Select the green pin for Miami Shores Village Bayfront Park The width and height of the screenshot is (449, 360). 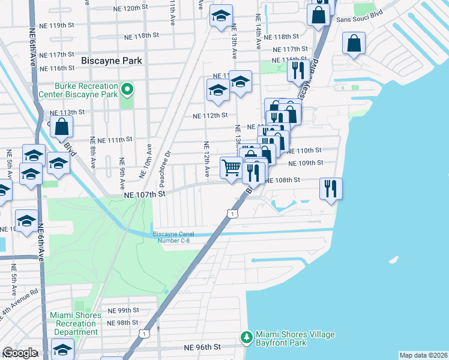coord(246,338)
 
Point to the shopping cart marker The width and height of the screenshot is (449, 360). coord(231,167)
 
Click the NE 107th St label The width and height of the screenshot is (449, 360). coord(144,194)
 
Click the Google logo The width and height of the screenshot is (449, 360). coord(20,353)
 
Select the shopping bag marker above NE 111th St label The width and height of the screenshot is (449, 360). coord(61,127)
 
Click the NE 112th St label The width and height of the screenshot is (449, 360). coord(209,116)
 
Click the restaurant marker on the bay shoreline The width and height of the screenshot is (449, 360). coord(330,188)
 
